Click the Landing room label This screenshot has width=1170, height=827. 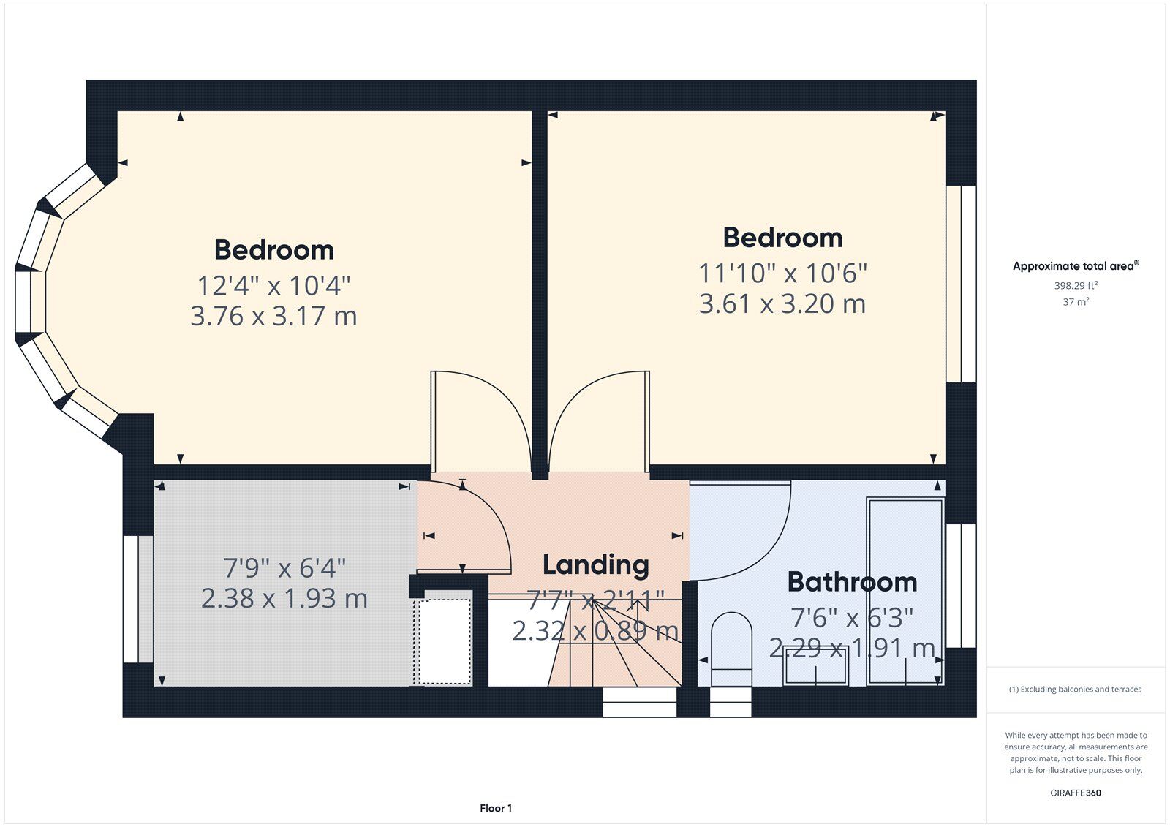[595, 565]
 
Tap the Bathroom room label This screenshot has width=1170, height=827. [852, 582]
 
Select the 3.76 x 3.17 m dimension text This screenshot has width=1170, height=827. [273, 316]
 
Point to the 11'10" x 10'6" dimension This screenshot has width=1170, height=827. [782, 273]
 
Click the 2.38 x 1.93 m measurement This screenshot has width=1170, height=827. [284, 598]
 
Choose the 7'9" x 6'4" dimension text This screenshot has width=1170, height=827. [284, 568]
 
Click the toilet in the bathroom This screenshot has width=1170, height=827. [732, 649]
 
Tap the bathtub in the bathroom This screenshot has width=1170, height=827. [905, 592]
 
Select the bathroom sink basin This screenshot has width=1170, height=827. [816, 665]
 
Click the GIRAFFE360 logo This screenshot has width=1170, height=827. [1076, 793]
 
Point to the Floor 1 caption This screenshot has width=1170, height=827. [496, 808]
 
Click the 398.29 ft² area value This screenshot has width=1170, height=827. [1076, 285]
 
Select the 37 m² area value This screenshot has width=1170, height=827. [1076, 301]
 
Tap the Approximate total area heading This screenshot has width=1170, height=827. [1076, 266]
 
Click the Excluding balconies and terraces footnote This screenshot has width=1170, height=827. [1076, 689]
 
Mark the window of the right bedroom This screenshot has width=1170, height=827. [961, 284]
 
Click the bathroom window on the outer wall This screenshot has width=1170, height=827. [961, 586]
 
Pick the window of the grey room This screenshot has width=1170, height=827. [138, 599]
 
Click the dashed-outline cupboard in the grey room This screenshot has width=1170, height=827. [443, 641]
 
